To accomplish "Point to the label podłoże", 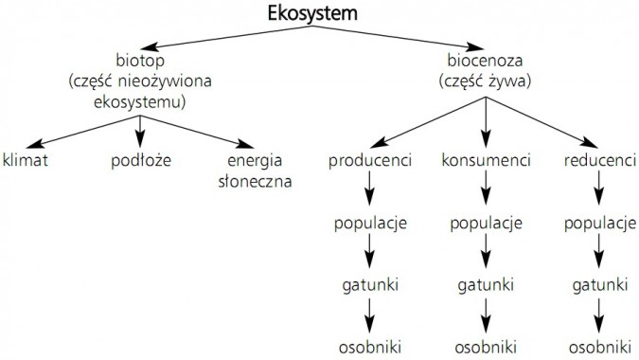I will pyautogui.click(x=139, y=160).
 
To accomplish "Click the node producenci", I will pyautogui.click(x=370, y=160).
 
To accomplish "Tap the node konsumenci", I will pyautogui.click(x=486, y=160).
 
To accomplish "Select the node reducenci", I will pyautogui.click(x=598, y=160).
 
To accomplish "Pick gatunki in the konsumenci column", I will pyautogui.click(x=486, y=283).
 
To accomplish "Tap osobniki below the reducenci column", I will pyautogui.click(x=598, y=342).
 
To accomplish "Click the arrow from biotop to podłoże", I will pyautogui.click(x=139, y=129).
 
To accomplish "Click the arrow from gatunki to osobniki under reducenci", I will pyautogui.click(x=598, y=313).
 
